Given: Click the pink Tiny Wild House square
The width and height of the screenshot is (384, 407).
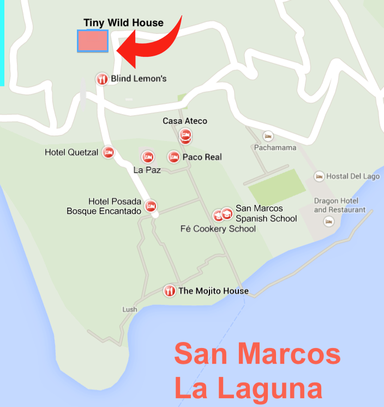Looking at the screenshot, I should point(92,41).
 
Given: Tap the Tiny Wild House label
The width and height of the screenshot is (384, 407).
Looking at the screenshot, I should point(123,23).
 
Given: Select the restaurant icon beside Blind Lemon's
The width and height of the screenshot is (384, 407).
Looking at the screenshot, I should point(101,79).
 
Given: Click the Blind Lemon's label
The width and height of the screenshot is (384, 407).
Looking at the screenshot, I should point(139,79).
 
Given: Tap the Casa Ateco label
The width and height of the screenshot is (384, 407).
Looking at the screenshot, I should point(185,121).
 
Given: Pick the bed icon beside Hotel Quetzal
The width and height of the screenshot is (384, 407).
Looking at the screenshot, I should point(108,152).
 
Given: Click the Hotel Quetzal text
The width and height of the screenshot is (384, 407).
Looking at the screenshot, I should point(71,152).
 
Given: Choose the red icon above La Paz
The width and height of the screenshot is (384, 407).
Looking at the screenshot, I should point(148,157).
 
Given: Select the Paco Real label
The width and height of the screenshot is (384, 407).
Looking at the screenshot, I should point(202,157).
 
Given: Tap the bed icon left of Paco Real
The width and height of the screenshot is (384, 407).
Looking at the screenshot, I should point(173,157).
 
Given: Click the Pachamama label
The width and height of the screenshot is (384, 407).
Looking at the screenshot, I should point(275,148).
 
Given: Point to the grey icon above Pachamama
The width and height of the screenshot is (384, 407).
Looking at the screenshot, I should point(267,135).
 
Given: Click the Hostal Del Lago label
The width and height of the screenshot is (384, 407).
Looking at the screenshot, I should point(353,176).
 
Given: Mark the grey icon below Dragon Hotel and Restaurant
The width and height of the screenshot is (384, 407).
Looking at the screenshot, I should point(329,221).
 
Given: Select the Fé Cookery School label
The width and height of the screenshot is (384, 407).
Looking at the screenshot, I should point(218,229).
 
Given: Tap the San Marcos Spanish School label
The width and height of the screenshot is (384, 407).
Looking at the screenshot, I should point(266,214).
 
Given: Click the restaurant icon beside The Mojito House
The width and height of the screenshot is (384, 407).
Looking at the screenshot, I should point(170,291).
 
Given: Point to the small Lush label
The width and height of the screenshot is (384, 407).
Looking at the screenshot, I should point(130,310).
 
